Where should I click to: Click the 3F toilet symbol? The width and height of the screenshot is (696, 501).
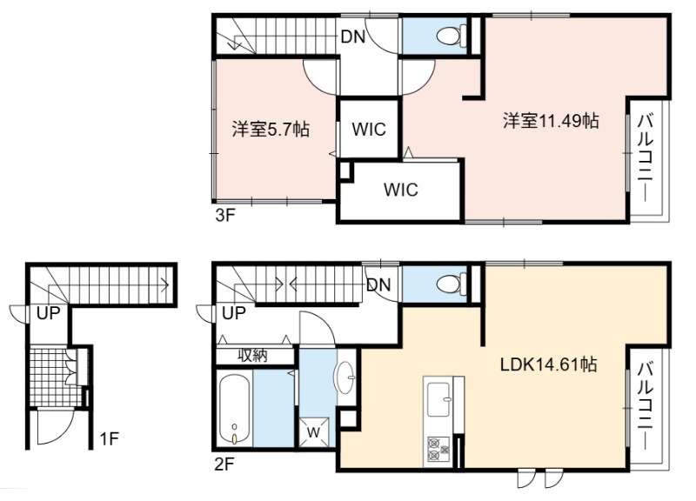(x=451, y=35)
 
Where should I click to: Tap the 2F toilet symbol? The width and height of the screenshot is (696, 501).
(x=451, y=284)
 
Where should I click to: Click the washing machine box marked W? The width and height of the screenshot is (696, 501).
(x=314, y=431)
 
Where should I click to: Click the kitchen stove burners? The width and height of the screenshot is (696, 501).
(x=438, y=450)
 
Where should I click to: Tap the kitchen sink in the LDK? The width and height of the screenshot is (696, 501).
(x=439, y=399)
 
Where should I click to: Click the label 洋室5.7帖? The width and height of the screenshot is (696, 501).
(x=271, y=129)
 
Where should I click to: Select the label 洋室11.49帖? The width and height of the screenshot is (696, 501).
(x=551, y=120)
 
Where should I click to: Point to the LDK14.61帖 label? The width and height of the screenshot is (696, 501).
(x=548, y=364)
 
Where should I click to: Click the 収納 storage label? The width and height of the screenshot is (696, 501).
(x=252, y=356)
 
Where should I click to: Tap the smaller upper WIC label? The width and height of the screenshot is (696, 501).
(x=368, y=129)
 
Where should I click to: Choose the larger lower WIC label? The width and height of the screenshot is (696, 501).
(x=400, y=190)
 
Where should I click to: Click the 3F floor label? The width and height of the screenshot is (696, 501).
(x=224, y=216)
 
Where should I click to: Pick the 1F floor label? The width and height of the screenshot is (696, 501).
(x=109, y=439)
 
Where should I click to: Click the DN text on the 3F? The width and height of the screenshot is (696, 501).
(x=353, y=37)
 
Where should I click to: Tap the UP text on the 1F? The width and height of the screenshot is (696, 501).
(x=48, y=313)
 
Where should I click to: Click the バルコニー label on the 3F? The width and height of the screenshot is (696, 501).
(x=646, y=157)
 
